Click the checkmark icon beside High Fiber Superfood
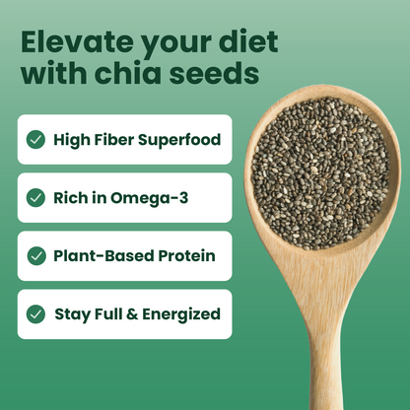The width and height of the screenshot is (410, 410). [x=36, y=139]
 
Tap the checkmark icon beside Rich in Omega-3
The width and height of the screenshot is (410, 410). [x=36, y=197]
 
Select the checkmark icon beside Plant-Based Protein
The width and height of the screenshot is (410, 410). [x=36, y=255]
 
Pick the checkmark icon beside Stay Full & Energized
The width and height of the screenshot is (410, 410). [x=36, y=314]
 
